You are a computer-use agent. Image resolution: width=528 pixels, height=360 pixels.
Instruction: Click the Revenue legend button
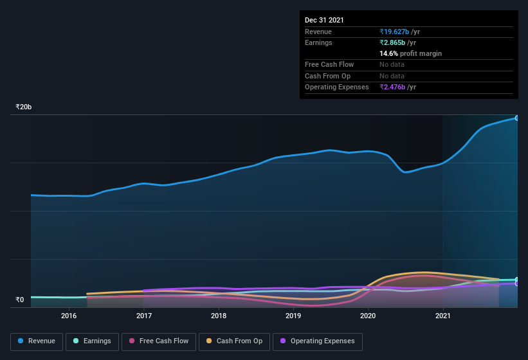click(37, 341)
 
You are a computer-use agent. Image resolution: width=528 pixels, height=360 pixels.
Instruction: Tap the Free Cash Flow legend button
click(159, 341)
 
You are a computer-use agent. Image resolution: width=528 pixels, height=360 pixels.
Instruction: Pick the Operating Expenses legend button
click(317, 341)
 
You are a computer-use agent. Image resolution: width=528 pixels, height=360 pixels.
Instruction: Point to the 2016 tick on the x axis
click(69, 316)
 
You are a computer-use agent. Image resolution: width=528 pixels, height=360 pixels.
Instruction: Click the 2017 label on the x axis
click(144, 316)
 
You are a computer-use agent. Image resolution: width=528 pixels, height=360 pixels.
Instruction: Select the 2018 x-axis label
click(219, 316)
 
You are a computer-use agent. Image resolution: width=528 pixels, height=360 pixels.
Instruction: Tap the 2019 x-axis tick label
click(293, 316)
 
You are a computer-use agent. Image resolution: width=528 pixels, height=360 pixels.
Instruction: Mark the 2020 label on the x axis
click(368, 316)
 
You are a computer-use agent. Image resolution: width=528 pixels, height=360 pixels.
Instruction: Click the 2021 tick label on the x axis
click(443, 316)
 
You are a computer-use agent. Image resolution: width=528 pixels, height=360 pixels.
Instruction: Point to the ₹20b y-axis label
click(24, 107)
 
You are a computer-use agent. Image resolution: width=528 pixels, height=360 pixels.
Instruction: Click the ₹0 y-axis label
click(19, 300)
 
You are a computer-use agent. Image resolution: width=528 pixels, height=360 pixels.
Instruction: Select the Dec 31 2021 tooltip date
click(324, 20)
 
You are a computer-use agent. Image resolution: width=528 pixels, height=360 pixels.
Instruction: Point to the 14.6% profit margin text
click(410, 53)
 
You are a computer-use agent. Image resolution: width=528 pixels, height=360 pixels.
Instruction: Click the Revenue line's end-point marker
click(517, 118)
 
